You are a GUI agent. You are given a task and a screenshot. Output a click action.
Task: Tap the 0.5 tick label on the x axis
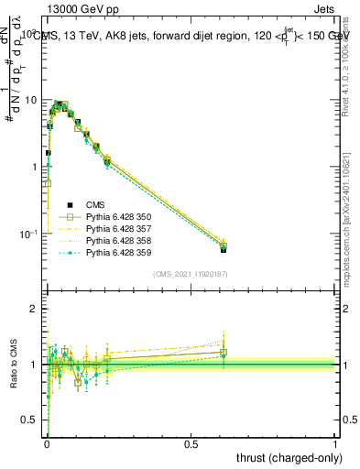coord(191,443)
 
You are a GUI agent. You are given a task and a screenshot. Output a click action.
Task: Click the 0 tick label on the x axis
coord(47,443)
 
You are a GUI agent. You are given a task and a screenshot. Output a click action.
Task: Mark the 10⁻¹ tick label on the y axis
coord(27,234)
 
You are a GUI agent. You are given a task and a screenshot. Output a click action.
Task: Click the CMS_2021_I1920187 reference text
coord(191,275)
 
